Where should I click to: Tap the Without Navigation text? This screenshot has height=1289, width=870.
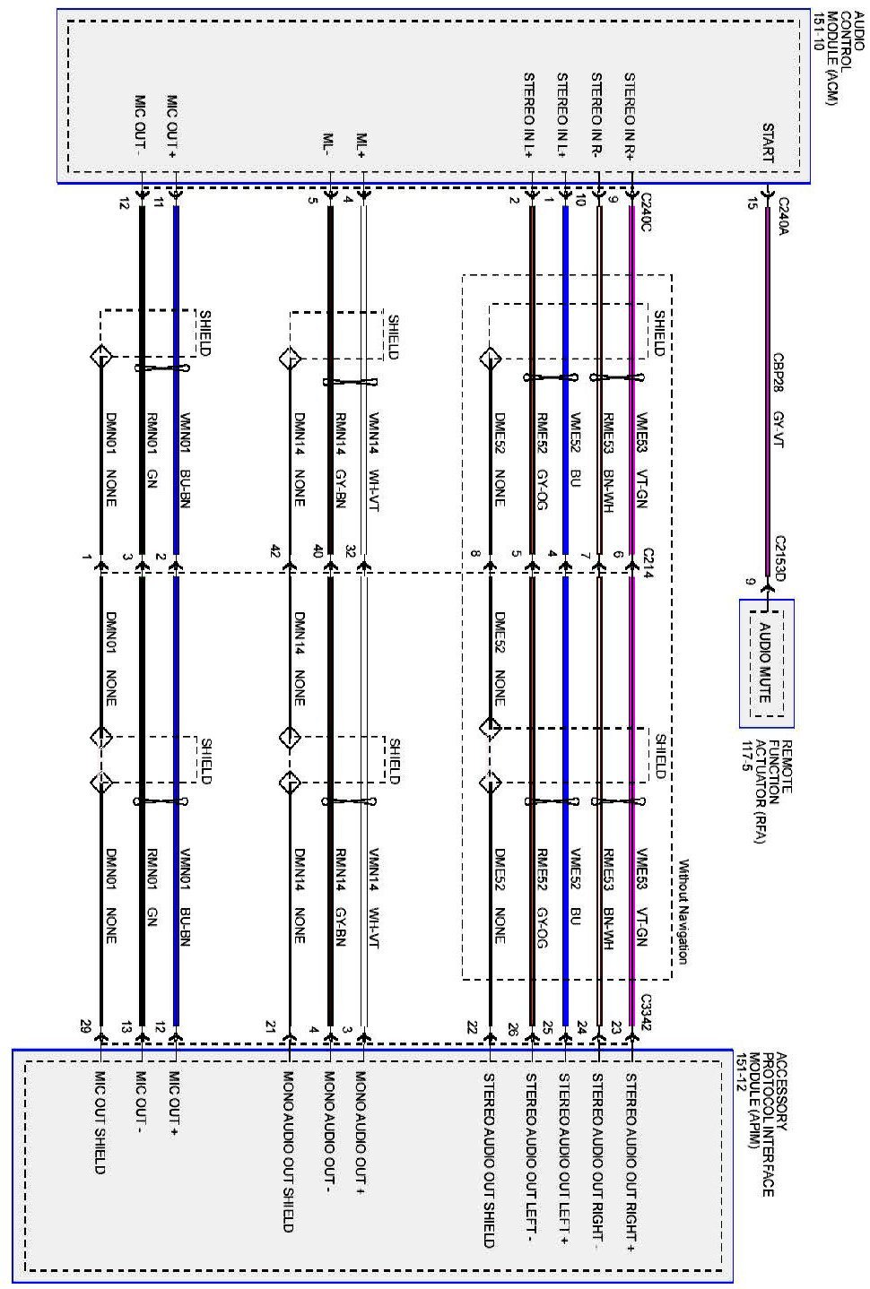coord(683,912)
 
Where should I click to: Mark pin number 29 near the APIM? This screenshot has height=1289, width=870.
coord(85,1025)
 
